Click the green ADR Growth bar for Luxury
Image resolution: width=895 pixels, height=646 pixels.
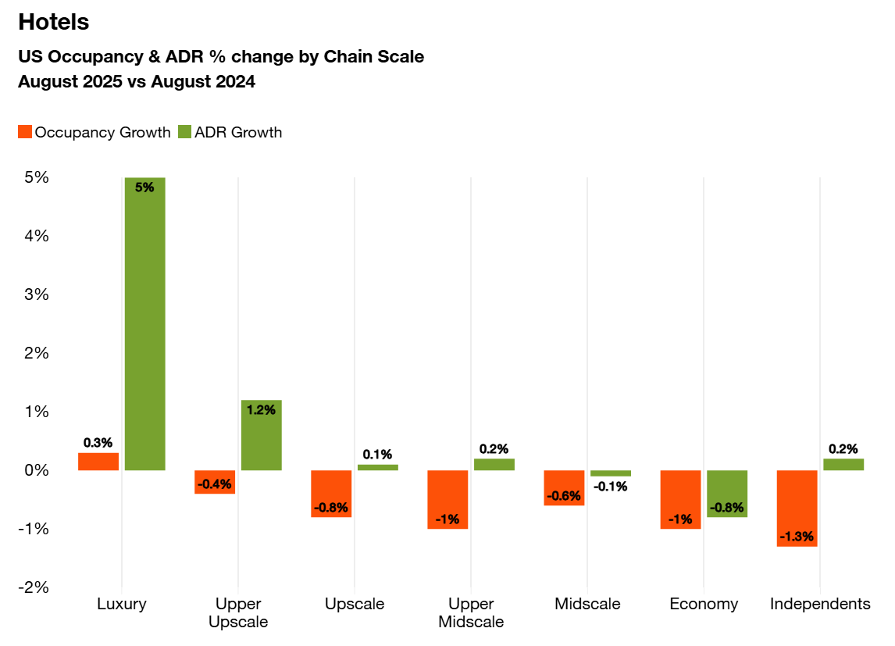[x=144, y=323]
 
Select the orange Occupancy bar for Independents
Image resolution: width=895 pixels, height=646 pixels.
[x=797, y=508]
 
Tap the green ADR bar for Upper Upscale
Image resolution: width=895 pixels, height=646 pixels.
[x=261, y=435]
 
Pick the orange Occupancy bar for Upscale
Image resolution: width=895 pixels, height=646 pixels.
[x=331, y=494]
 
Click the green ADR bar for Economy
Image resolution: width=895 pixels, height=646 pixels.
[x=727, y=494]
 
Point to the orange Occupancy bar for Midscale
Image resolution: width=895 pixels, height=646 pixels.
[x=564, y=487]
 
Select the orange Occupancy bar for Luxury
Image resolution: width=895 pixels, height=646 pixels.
[x=98, y=462]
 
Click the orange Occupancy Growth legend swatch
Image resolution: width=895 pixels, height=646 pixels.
[x=25, y=132]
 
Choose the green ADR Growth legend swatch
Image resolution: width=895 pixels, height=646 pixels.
[x=185, y=132]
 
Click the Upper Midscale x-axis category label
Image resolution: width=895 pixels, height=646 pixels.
[x=471, y=613]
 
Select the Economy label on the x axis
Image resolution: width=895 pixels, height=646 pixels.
[x=704, y=604]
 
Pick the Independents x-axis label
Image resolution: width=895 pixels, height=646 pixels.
[x=820, y=604]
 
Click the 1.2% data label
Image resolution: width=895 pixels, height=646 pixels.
[x=261, y=409]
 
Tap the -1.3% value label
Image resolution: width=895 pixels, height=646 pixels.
[x=797, y=537]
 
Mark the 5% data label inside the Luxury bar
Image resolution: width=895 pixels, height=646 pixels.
[x=144, y=187]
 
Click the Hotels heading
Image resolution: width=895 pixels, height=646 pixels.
[x=54, y=23]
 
